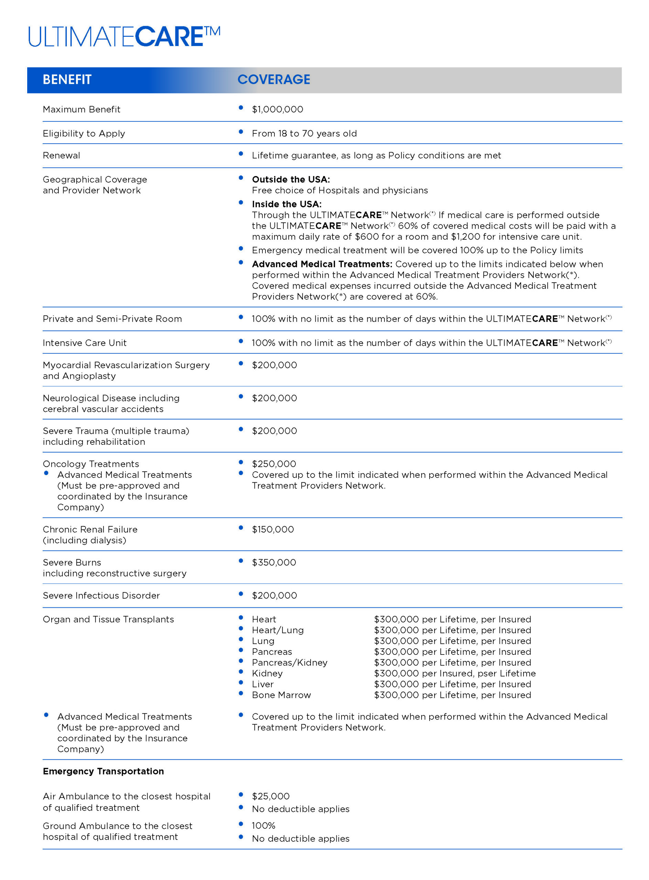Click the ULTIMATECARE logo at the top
click(124, 36)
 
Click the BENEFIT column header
click(67, 80)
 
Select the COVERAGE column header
click(274, 80)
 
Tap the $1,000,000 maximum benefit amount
click(277, 110)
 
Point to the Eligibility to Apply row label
click(84, 133)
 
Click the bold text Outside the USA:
click(291, 179)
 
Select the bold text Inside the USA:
click(286, 204)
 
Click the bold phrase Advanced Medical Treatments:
click(322, 264)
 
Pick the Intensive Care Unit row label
click(85, 343)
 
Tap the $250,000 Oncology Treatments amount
click(274, 464)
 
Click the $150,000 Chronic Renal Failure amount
click(273, 529)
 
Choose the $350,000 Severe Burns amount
click(274, 562)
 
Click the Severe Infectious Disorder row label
click(101, 595)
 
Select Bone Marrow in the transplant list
click(281, 695)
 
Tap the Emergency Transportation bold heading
click(103, 771)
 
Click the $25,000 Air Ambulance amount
click(270, 796)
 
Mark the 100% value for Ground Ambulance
click(263, 826)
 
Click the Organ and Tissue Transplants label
click(108, 619)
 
